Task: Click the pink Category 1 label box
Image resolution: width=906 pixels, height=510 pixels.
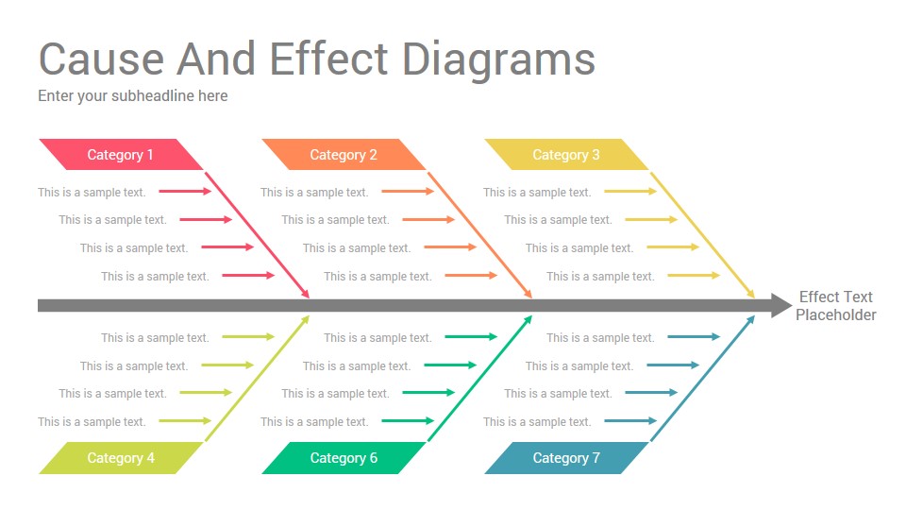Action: click(x=121, y=154)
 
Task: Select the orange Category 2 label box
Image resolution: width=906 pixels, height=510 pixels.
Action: click(x=344, y=154)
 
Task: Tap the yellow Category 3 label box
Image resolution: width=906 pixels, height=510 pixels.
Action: click(x=566, y=154)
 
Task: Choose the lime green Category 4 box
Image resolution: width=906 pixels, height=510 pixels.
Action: click(x=121, y=458)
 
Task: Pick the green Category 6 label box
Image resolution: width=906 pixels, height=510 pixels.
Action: click(x=344, y=458)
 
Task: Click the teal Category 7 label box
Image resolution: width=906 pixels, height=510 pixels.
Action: click(x=566, y=458)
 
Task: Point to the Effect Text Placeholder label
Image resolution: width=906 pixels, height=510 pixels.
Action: click(x=835, y=306)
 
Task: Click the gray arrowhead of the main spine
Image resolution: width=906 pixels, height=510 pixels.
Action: click(x=781, y=305)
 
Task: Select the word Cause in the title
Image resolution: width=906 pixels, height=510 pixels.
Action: click(x=102, y=59)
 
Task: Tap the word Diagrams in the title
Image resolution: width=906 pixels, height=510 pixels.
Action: click(x=498, y=60)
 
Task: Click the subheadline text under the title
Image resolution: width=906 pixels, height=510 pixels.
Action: click(x=133, y=96)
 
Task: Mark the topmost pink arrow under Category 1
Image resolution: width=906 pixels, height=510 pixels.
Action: click(x=185, y=192)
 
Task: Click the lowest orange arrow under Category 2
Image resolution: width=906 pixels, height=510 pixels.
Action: click(x=471, y=275)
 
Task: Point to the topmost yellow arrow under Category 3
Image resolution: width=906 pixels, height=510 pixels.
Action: click(x=630, y=192)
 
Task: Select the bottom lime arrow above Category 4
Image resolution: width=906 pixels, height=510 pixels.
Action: click(x=185, y=421)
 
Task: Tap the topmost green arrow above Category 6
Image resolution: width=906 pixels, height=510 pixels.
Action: click(x=471, y=336)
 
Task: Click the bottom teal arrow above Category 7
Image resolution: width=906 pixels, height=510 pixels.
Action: click(x=630, y=421)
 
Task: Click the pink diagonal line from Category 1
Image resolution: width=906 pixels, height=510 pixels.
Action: click(x=257, y=235)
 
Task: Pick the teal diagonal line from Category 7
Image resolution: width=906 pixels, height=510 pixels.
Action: click(x=702, y=378)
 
